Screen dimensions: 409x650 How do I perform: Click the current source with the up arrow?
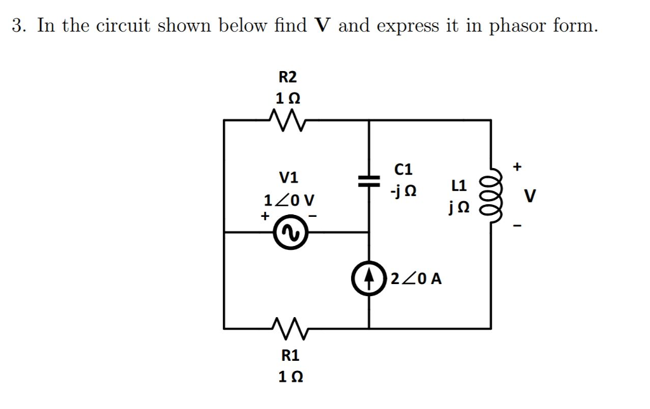(x=369, y=278)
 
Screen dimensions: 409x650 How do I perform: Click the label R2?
(x=288, y=77)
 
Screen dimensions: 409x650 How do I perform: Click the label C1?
(x=403, y=169)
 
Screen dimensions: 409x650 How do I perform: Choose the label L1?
(x=459, y=186)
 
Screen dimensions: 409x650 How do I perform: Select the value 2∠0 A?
(x=417, y=278)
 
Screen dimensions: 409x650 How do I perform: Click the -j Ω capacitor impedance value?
(x=404, y=190)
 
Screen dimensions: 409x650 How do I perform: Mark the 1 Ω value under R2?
(x=288, y=98)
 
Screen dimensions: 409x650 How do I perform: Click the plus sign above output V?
(x=518, y=167)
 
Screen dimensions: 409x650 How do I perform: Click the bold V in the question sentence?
(x=323, y=26)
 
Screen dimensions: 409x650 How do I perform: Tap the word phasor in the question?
(x=517, y=27)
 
